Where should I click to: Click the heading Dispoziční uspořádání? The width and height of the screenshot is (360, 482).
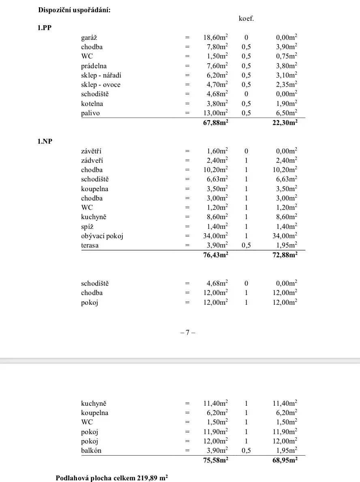tap(74, 11)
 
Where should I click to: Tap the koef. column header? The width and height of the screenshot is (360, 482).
tap(246, 19)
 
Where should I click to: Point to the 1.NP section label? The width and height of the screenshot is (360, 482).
tap(45, 142)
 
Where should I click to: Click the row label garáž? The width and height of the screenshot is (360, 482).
tap(89, 38)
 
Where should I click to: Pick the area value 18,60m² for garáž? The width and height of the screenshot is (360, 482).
tap(215, 37)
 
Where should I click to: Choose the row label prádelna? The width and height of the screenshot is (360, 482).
tap(94, 66)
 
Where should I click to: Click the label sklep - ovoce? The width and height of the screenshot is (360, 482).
tap(101, 85)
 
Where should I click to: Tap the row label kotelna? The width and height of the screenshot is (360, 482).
tap(92, 104)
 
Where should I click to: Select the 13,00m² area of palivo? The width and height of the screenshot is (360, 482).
tap(215, 113)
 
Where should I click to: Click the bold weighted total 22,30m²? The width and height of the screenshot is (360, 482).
tap(285, 123)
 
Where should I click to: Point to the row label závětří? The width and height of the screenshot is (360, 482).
tap(91, 151)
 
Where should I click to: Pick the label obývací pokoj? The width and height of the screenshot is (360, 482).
tap(102, 236)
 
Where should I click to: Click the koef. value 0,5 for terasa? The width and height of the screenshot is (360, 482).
tap(246, 245)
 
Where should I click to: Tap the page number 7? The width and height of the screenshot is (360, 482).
tap(188, 333)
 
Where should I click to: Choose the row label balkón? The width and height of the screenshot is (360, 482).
tap(91, 450)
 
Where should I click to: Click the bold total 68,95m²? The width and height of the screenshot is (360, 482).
tap(285, 460)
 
